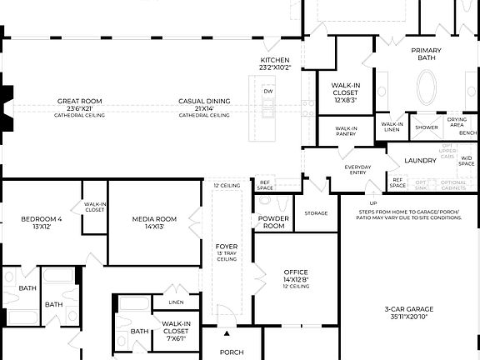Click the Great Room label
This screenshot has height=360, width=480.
79,101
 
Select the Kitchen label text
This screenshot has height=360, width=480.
274,61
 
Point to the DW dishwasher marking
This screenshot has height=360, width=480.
268,92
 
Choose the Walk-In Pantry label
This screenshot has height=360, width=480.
347,131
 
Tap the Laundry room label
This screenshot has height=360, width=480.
421,159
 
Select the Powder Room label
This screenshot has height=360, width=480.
273,222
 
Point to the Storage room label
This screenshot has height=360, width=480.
316,213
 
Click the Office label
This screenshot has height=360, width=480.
296,272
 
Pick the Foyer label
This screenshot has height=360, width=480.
227,247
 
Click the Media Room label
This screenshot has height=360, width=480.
154,220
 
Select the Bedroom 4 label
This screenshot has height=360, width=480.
42,220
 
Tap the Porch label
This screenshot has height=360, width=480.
232,352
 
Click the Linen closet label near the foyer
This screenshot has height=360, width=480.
176,302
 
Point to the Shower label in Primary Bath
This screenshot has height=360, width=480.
427,127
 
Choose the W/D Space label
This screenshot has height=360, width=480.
467,161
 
